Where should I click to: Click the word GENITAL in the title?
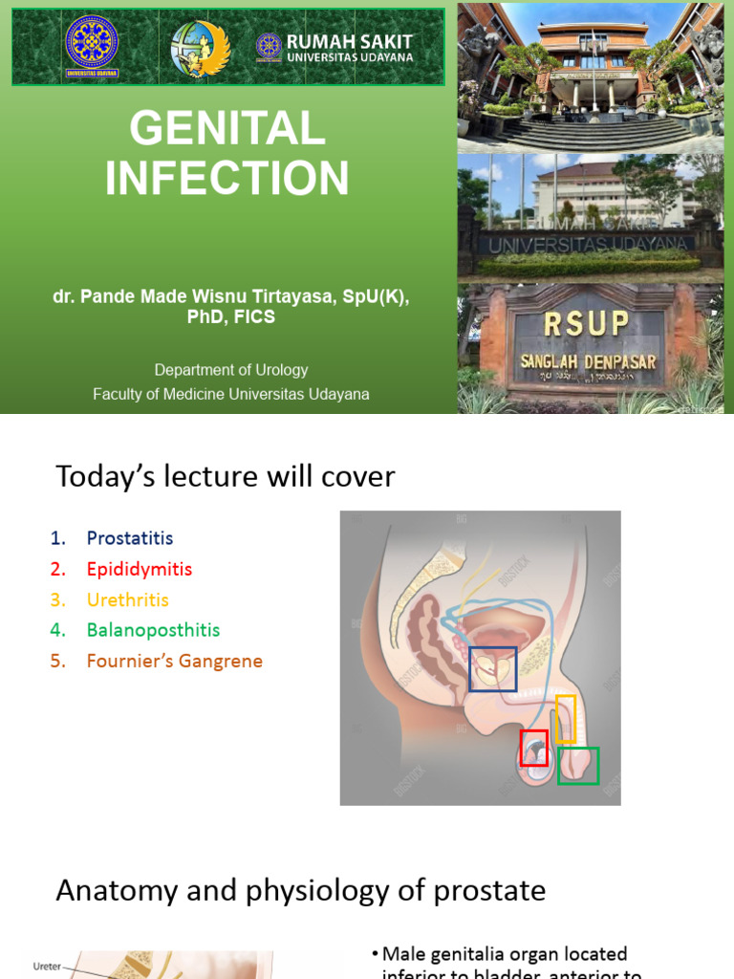(227, 129)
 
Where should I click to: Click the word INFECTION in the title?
(227, 179)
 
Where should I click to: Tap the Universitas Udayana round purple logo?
(92, 45)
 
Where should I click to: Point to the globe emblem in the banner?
(194, 48)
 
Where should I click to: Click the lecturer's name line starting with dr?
(231, 296)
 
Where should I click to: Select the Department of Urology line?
(231, 370)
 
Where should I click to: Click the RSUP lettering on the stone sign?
(587, 325)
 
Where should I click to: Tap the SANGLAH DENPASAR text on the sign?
(588, 362)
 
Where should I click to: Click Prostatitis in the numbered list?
(130, 538)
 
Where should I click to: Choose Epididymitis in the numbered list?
(140, 569)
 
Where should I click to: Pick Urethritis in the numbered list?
(127, 599)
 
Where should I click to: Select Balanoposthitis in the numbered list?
(153, 630)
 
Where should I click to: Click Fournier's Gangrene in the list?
(174, 661)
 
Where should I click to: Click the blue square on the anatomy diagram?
(493, 668)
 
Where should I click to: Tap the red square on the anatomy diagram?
(534, 748)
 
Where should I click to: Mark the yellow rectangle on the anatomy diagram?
(566, 719)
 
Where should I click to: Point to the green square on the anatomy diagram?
(578, 766)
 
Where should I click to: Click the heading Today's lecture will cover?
(226, 476)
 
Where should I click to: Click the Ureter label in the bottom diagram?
(48, 966)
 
